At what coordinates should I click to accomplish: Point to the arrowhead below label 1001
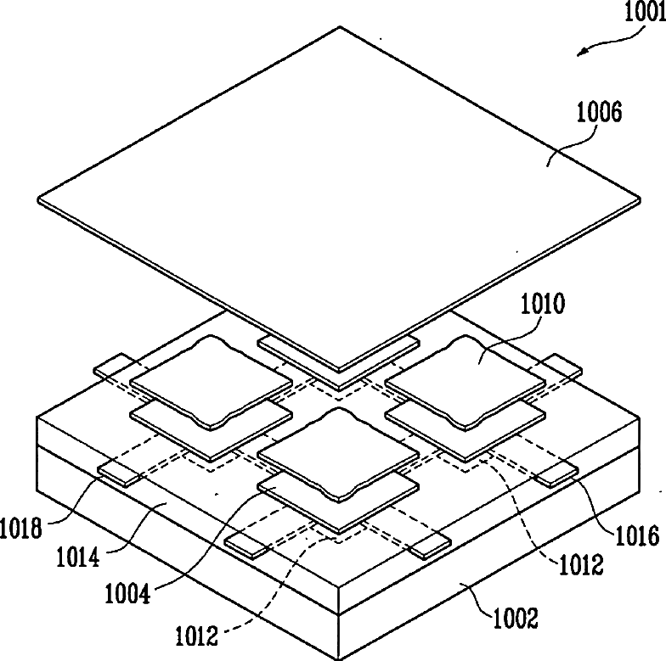(x=581, y=52)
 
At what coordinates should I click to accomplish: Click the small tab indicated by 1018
(x=117, y=473)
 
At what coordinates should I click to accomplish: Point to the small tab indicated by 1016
(x=556, y=474)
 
